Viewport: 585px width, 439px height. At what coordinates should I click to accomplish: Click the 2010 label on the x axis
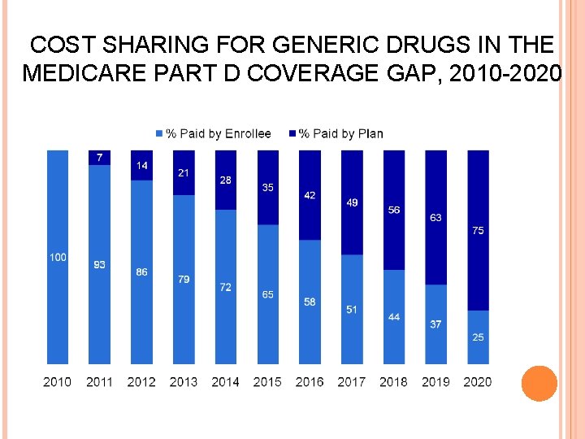click(57, 381)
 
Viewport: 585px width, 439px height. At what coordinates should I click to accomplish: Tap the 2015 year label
click(267, 381)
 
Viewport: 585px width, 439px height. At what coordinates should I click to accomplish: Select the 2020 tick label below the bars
click(478, 381)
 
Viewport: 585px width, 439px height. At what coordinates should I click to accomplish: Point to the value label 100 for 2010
click(58, 257)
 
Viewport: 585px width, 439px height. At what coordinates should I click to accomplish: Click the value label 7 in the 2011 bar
click(99, 157)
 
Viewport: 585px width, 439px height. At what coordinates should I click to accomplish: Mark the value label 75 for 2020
click(478, 231)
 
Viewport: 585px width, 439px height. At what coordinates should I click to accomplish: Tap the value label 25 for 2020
click(478, 337)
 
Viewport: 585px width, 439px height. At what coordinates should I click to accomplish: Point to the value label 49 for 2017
click(352, 202)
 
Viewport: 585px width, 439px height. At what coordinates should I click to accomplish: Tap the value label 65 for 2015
click(267, 294)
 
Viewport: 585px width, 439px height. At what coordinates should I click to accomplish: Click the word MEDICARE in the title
click(75, 73)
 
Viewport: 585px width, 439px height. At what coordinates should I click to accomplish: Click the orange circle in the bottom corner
click(539, 383)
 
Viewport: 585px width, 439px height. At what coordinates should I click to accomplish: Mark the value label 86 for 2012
click(141, 272)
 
